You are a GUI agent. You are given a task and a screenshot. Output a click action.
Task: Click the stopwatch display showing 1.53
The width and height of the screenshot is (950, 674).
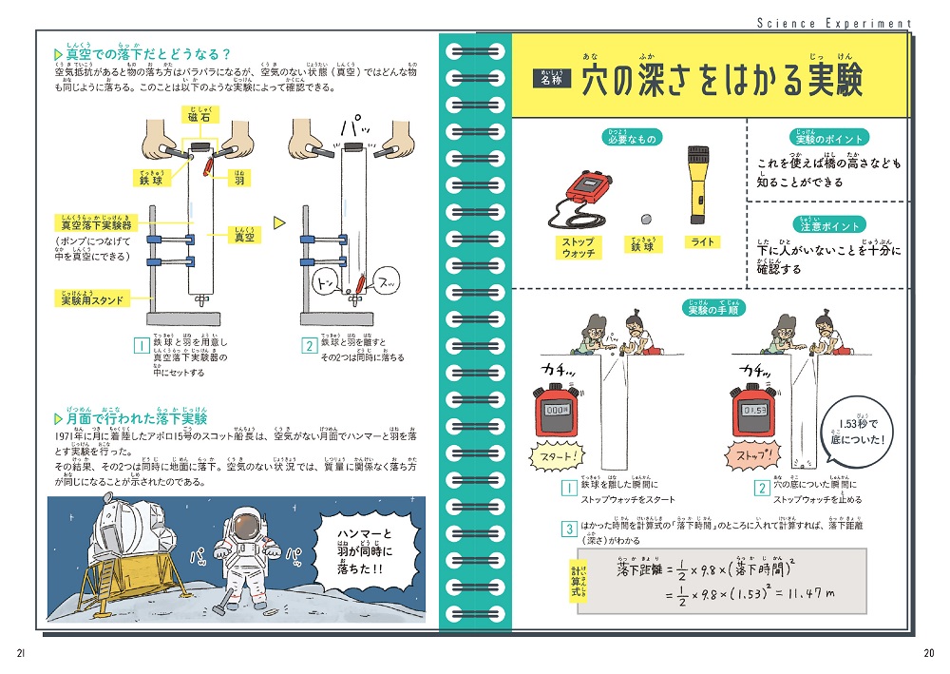(753, 410)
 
